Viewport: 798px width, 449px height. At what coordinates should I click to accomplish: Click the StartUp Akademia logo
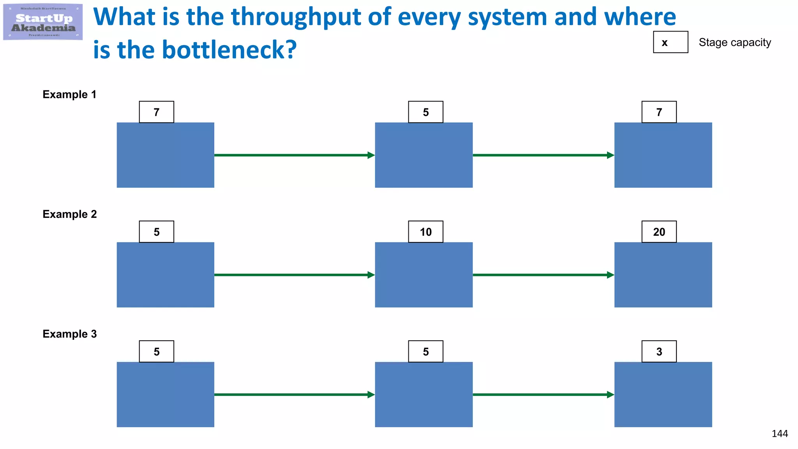coord(43,22)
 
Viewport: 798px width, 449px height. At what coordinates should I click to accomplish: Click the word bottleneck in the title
coord(229,50)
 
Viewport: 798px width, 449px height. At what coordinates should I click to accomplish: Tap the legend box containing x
coord(670,42)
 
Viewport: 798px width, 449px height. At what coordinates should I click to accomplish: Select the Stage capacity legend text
coord(734,42)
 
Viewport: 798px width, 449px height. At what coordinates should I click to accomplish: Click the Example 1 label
coord(69,94)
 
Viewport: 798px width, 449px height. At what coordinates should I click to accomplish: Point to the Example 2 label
coord(69,214)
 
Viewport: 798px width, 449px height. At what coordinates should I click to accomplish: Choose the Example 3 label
coord(69,334)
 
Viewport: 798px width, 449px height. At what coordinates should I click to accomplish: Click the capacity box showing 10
coord(425,232)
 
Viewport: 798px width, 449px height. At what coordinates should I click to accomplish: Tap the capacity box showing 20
coord(659,232)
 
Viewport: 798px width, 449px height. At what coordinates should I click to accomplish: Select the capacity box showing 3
coord(659,352)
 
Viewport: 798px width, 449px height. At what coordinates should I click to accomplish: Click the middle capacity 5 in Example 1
coord(425,112)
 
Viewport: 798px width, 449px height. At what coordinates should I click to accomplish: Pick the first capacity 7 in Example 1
coord(157,112)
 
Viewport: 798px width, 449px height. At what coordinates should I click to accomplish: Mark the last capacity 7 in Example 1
coord(659,112)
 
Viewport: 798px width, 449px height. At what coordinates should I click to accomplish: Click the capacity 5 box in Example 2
coord(157,232)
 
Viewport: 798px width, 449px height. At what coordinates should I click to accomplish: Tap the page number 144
coord(779,433)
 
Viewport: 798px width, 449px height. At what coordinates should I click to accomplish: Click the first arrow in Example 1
coord(294,155)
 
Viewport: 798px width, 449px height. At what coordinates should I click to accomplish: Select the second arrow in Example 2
coord(543,275)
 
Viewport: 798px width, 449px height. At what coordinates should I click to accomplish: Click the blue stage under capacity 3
coord(663,394)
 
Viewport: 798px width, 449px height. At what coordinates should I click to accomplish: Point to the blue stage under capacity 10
coord(424,275)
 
